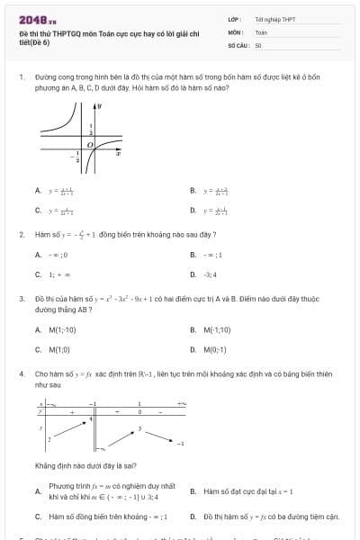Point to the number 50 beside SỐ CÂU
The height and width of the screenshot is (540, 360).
coord(258,44)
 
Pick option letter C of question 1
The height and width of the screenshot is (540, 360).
coord(38,211)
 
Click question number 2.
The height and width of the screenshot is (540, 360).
coord(21,234)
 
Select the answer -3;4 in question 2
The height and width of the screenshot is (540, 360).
coord(210,274)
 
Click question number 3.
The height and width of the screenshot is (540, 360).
coord(21,298)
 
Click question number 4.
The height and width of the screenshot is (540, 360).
coord(21,373)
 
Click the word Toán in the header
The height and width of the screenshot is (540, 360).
coord(261,31)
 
